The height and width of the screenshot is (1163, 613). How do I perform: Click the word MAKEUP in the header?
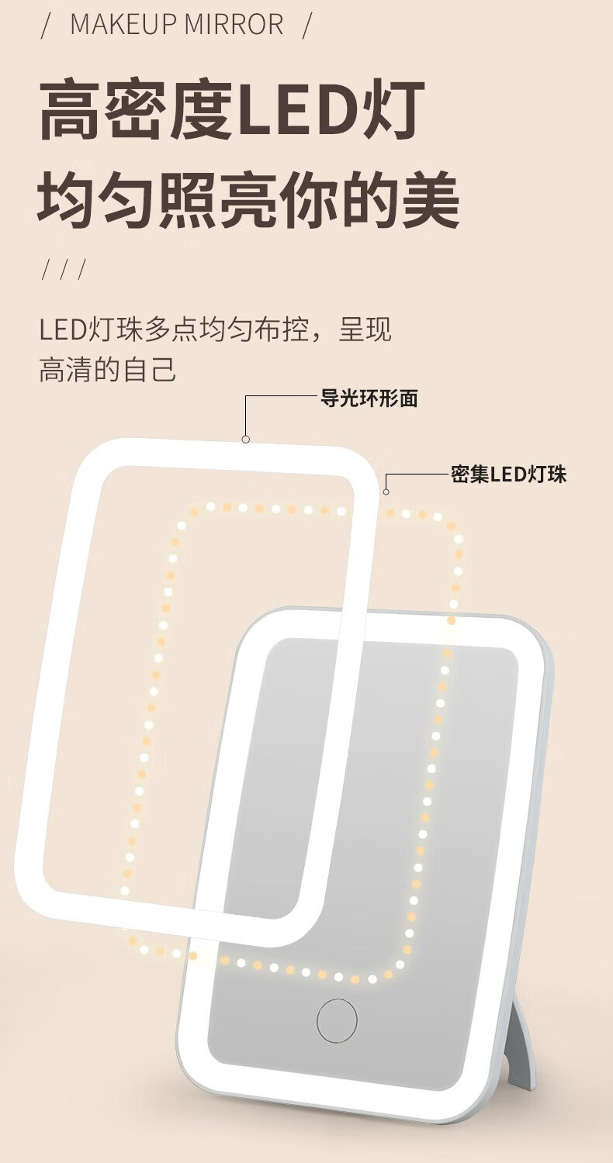(x=120, y=25)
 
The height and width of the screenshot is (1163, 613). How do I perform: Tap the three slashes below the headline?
(x=62, y=271)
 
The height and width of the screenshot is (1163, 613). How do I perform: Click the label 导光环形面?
(x=369, y=399)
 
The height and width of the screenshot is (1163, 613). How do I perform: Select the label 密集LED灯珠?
(x=509, y=474)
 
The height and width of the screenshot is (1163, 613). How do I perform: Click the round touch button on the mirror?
(x=337, y=1020)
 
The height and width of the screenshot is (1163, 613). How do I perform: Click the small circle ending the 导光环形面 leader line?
(x=246, y=439)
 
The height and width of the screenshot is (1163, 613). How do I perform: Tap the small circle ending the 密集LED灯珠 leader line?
(x=386, y=492)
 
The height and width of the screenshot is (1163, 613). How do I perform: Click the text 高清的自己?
(x=108, y=370)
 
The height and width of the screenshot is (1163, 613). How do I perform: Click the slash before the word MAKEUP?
(x=46, y=25)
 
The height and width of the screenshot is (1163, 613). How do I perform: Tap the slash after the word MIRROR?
(x=306, y=25)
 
